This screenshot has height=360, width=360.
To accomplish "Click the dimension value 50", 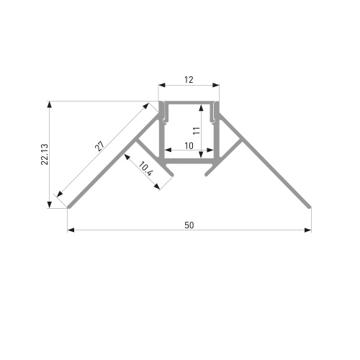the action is [189, 225].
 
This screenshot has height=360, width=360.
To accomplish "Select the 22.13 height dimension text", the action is [45, 154].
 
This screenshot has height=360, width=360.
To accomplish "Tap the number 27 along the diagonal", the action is [100, 146].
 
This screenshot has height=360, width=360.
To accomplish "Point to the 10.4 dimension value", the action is [145, 169].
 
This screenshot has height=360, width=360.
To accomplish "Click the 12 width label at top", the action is [189, 80].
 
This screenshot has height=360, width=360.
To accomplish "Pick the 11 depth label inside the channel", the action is [197, 131].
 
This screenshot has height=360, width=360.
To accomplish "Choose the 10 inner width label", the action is [189, 145].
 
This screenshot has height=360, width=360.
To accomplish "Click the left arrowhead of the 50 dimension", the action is [71, 230].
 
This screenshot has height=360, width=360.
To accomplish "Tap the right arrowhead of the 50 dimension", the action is [307, 230].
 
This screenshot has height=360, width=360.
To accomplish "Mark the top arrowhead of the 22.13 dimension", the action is [50, 105].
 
